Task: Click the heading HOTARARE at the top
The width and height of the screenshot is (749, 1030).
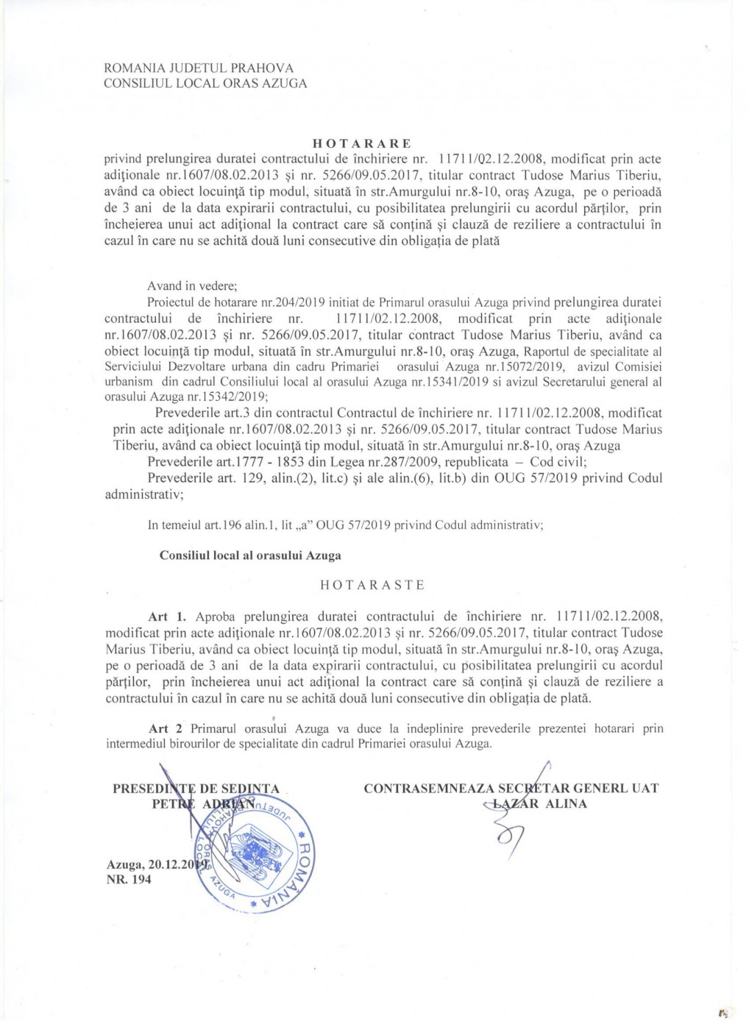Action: [361, 143]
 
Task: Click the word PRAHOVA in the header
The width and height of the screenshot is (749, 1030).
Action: [263, 68]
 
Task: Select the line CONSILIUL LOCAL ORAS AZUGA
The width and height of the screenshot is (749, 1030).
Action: [205, 83]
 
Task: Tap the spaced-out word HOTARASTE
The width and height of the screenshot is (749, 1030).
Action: [372, 586]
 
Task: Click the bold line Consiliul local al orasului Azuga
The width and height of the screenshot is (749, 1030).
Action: [250, 555]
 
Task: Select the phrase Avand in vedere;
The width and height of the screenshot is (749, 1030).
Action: [192, 286]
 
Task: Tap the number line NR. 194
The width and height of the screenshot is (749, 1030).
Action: [129, 879]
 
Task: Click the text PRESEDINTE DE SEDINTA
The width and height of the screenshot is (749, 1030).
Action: [196, 789]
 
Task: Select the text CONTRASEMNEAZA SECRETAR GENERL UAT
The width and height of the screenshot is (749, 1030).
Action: [511, 789]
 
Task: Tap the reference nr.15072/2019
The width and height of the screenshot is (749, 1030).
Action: [524, 366]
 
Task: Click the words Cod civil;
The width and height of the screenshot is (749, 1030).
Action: [558, 462]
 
